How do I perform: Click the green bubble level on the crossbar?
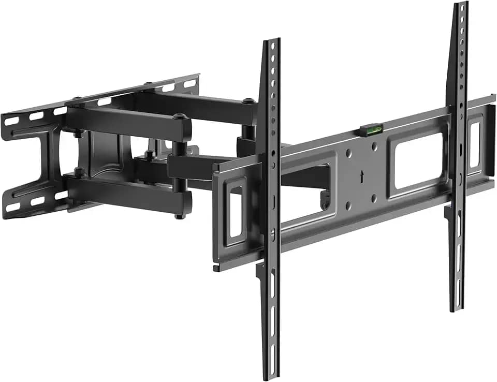(x=371, y=127)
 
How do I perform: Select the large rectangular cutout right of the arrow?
(x=418, y=161)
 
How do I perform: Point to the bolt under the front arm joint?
(x=179, y=215)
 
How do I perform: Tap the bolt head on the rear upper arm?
(x=249, y=100)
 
